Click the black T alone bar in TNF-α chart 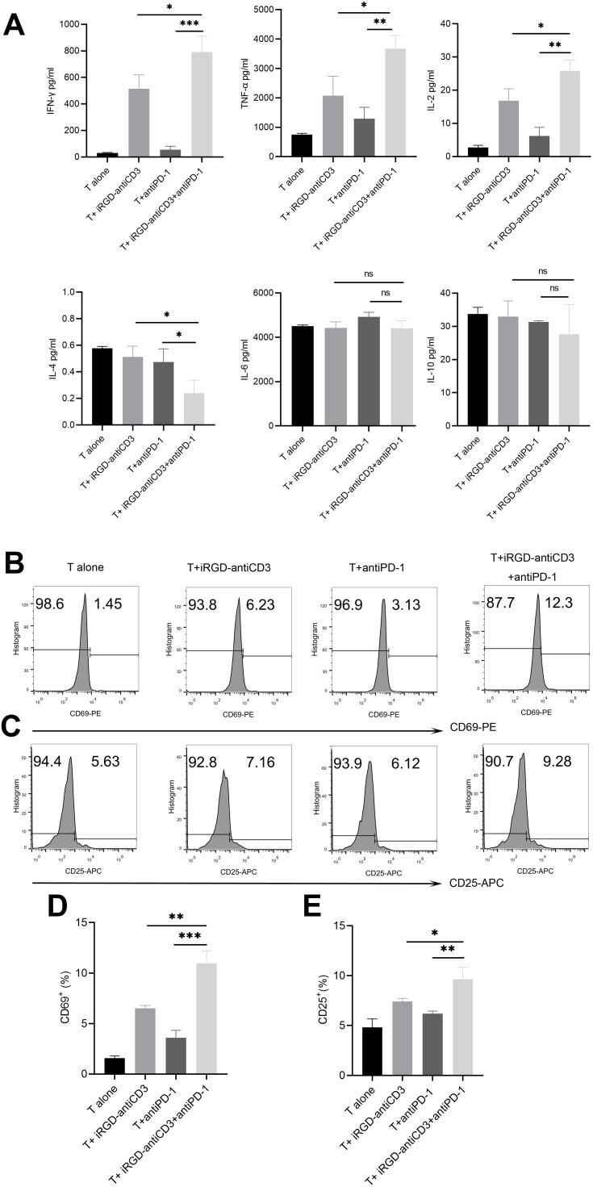[303, 145]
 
